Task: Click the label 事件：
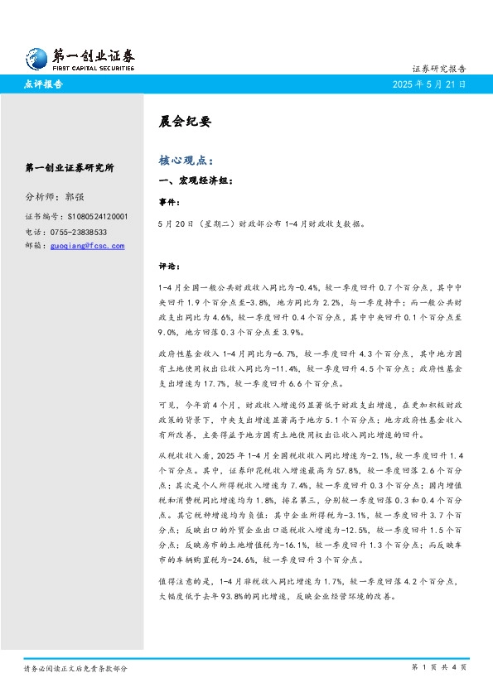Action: [169, 201]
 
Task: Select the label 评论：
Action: [169, 267]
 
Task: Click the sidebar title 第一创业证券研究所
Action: [70, 168]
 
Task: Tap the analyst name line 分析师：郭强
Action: [55, 198]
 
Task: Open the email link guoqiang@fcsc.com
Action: [87, 246]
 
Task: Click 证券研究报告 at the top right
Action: [438, 69]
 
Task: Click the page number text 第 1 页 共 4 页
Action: [439, 667]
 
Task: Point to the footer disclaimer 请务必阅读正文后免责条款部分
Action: [75, 667]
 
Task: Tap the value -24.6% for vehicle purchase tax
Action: [234, 559]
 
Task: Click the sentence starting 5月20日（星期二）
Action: [261, 224]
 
